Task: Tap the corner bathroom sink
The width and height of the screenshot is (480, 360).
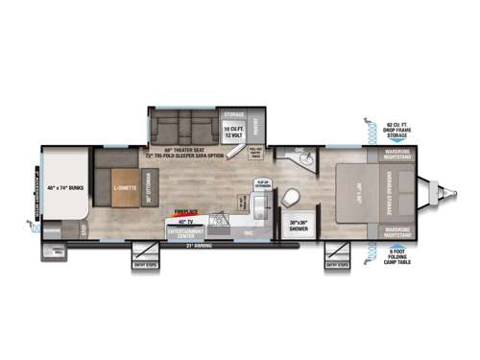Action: pos(300,154)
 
